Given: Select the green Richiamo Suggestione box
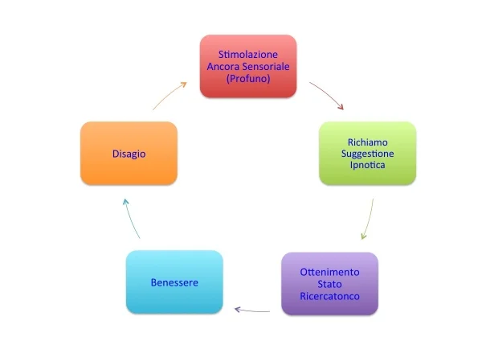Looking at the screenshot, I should tap(367, 153).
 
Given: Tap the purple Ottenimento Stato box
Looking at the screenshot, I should tap(329, 284).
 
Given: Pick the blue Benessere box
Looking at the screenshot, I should tap(174, 282).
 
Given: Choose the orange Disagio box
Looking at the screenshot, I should tap(129, 153).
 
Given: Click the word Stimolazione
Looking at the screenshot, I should tap(247, 53).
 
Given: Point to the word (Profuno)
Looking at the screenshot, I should tap(247, 79).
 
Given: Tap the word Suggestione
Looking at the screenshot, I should tap(367, 153).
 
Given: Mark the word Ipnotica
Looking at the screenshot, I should tap(367, 166).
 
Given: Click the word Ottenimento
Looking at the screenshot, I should tap(329, 271).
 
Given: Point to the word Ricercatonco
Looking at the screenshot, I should tap(329, 297).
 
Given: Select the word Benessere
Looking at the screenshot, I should tap(174, 282).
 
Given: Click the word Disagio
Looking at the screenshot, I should tap(129, 153).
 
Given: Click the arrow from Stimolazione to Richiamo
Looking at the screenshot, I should tap(330, 94).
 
